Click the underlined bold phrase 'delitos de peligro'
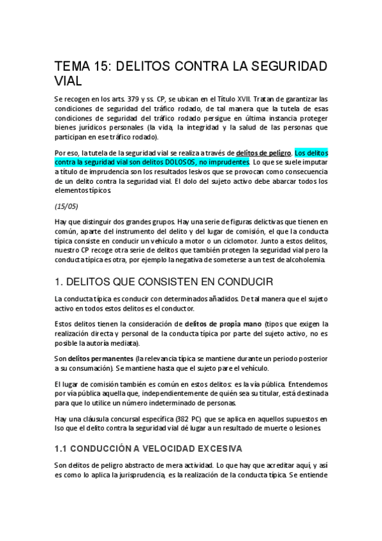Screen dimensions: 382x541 tap(263, 153)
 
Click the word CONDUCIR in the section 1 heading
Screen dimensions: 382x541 tap(235, 281)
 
